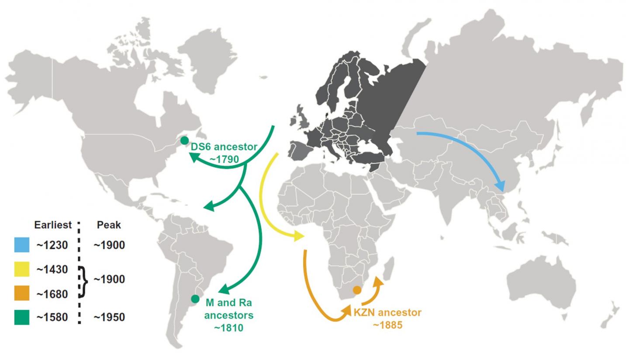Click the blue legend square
[x=22, y=245]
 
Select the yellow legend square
[x=22, y=270]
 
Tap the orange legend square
[x=22, y=294]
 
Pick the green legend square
[x=22, y=317]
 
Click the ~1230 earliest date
[x=52, y=246]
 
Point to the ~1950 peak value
[x=109, y=318]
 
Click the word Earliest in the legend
[x=53, y=225]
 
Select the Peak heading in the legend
[x=109, y=225]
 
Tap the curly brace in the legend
[x=83, y=281]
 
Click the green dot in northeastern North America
[x=185, y=141]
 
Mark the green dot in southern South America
[x=195, y=299]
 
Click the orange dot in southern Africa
[x=357, y=290]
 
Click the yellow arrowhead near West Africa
[x=300, y=236]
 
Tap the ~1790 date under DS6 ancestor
[x=224, y=159]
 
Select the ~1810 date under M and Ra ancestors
[x=228, y=328]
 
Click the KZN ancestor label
[x=387, y=313]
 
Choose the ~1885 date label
[x=387, y=325]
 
